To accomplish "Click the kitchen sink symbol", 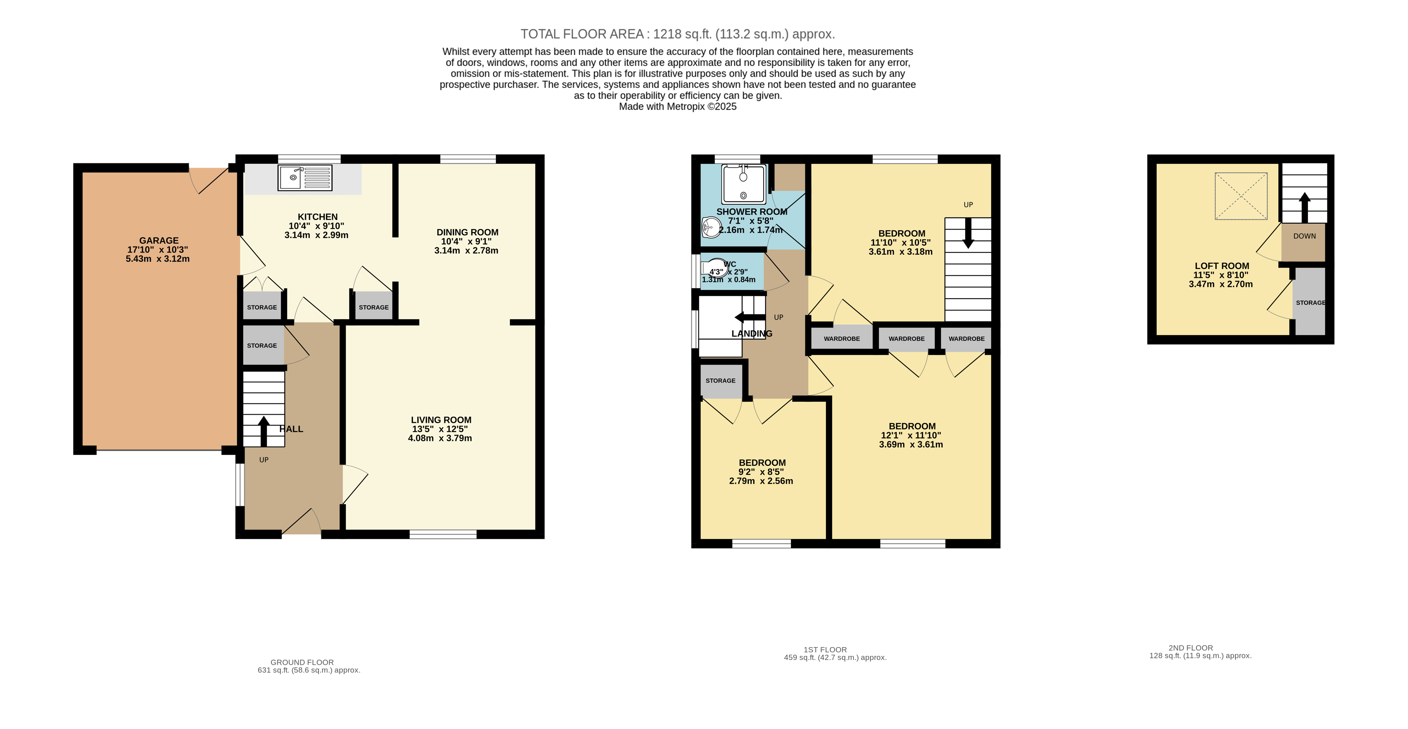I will pyautogui.click(x=304, y=177).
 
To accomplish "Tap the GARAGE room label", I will pyautogui.click(x=159, y=240).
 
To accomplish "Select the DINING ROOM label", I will pyautogui.click(x=467, y=232).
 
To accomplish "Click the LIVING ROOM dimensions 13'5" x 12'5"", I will pyautogui.click(x=440, y=429).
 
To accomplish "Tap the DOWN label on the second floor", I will pyautogui.click(x=1304, y=236).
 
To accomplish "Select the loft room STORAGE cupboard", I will pyautogui.click(x=1310, y=302).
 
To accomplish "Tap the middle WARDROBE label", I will pyautogui.click(x=906, y=339).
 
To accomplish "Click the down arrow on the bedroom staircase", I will pyautogui.click(x=968, y=234).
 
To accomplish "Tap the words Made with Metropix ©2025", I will pyautogui.click(x=677, y=106).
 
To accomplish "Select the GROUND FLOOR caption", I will pyautogui.click(x=302, y=662).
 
